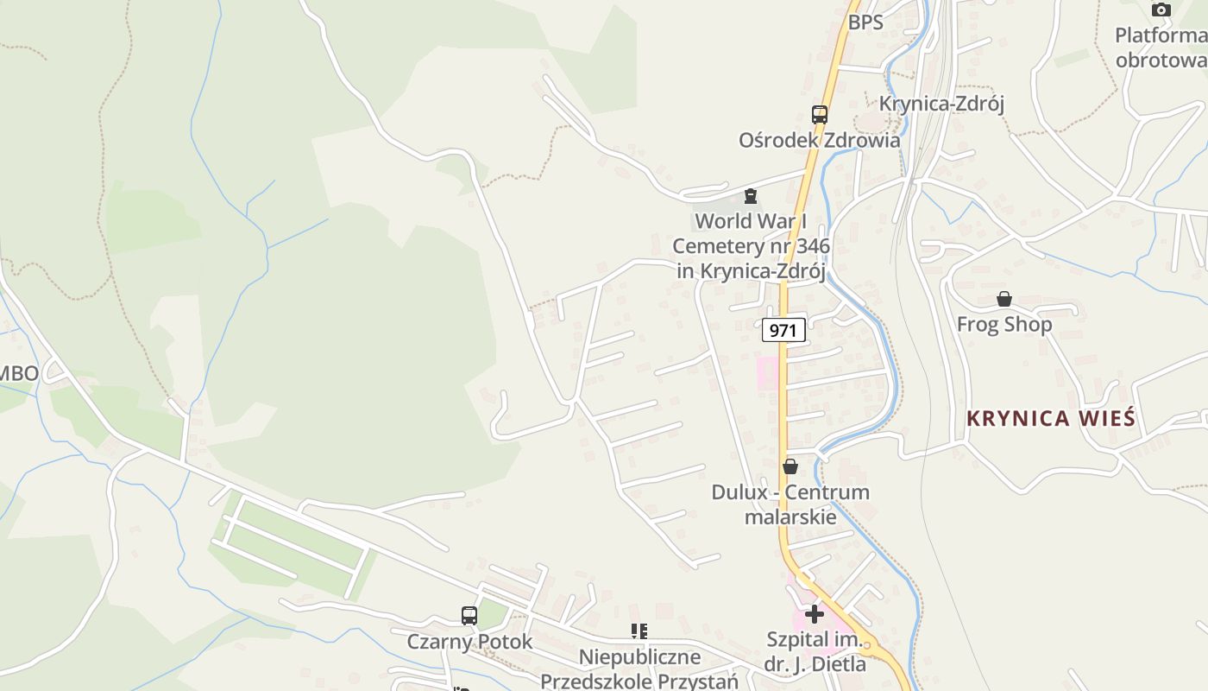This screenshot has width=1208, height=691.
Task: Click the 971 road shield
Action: (x=783, y=330)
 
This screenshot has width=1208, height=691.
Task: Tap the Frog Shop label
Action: (x=1004, y=325)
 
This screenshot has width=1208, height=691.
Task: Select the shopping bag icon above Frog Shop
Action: (x=1004, y=300)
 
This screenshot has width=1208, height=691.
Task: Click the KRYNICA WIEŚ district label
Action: (x=1050, y=419)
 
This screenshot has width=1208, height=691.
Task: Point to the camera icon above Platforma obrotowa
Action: (x=1161, y=10)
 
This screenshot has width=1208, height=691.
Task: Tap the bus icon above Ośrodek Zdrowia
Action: (x=819, y=114)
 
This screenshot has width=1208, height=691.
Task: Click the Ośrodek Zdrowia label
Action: (x=819, y=140)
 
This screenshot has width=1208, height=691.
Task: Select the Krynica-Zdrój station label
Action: (x=941, y=105)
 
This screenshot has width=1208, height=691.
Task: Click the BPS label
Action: (x=865, y=22)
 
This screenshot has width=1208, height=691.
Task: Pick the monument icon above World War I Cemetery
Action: (x=751, y=196)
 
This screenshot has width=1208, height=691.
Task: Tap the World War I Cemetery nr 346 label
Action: (x=751, y=246)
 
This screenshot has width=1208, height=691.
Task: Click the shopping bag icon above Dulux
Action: (x=790, y=467)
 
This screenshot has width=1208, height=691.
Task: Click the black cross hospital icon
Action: (x=815, y=614)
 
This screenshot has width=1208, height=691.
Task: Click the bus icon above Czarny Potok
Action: (x=469, y=616)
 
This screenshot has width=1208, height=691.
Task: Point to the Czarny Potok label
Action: (x=469, y=643)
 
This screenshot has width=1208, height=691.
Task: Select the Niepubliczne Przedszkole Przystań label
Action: (x=639, y=669)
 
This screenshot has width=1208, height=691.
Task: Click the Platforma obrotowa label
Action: (x=1161, y=48)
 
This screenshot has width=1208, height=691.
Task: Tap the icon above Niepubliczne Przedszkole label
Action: (x=639, y=631)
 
